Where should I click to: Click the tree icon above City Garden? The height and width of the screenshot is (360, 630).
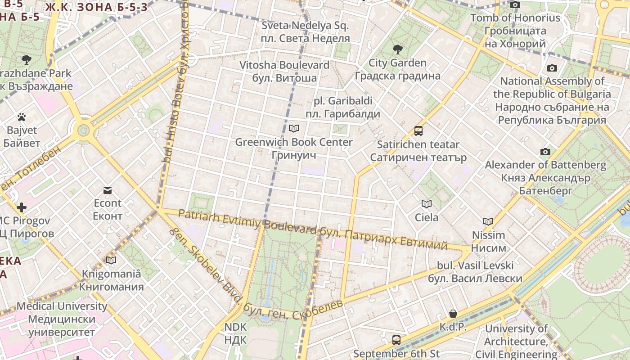[397, 49]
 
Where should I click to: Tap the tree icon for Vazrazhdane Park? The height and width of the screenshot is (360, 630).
[27, 59]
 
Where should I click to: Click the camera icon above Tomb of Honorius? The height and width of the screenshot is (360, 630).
[515, 5]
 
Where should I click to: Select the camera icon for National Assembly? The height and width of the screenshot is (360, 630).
[552, 68]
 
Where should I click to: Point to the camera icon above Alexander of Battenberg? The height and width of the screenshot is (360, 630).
[545, 152]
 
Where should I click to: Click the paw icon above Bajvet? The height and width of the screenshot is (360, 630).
[22, 117]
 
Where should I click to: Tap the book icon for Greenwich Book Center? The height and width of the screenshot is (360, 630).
[294, 129]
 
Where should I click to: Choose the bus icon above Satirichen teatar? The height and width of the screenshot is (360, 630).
[418, 131]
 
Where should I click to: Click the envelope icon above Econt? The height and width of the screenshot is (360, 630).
[108, 190]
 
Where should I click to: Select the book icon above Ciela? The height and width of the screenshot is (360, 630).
[426, 204]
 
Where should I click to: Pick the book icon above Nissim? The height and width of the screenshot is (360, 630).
[488, 221]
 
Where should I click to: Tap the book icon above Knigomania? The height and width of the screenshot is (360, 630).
[111, 260]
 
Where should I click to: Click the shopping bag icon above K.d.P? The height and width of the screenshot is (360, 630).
[453, 314]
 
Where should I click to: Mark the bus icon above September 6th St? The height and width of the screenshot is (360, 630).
[396, 340]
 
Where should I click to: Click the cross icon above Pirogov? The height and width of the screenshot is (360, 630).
[21, 207]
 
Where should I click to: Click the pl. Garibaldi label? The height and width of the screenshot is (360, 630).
[343, 107]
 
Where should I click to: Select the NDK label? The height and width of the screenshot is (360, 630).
[236, 333]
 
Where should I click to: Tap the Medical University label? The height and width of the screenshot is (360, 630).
[62, 319]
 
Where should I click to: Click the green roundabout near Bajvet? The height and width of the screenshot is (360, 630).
[84, 130]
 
